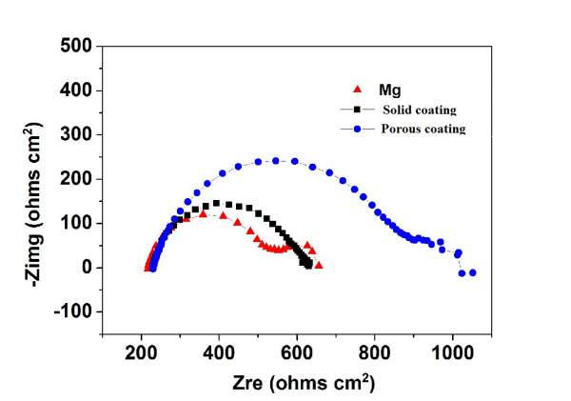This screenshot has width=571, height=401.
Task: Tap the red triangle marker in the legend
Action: click(x=356, y=90)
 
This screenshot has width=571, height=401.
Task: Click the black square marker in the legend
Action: click(x=356, y=110)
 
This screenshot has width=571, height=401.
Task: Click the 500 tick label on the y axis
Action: click(x=78, y=46)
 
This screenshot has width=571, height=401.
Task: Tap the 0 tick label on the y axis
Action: click(x=87, y=268)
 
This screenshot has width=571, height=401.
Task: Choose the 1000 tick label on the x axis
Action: click(x=452, y=354)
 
